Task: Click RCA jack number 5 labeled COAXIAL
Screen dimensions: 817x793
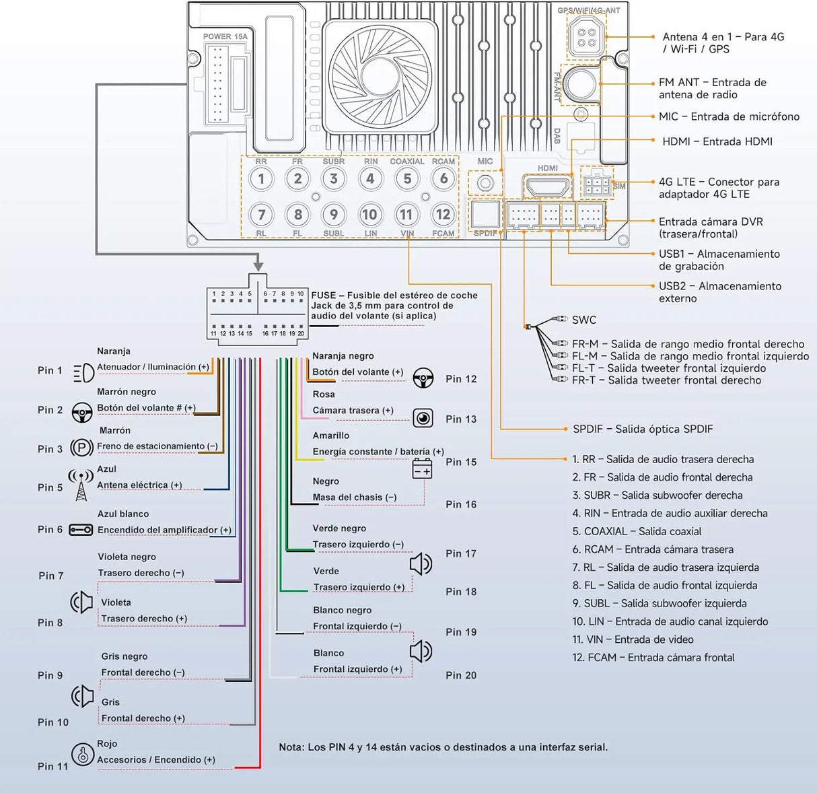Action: coord(407,179)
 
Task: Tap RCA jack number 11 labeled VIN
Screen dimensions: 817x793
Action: coord(406,215)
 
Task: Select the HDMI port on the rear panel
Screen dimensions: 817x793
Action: coord(547,186)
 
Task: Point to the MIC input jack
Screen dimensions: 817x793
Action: coord(485,183)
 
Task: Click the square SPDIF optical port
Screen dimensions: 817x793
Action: coord(485,215)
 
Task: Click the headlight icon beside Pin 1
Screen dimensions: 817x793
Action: coord(83,372)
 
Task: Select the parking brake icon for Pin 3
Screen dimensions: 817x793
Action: coord(81,448)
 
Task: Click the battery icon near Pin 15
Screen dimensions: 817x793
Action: coord(422,469)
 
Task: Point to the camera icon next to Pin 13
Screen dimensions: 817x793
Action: coord(423,418)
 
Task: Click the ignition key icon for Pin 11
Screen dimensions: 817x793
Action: coord(83,755)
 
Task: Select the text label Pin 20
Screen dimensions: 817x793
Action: coord(461,675)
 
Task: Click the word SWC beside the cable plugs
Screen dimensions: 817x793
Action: coord(584,320)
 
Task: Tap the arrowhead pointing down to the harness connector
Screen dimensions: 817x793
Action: coord(258,266)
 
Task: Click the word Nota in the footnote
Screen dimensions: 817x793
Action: coord(291,747)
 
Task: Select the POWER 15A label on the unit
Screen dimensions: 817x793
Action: coord(225,36)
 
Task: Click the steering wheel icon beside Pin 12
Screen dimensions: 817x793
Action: coord(423,378)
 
